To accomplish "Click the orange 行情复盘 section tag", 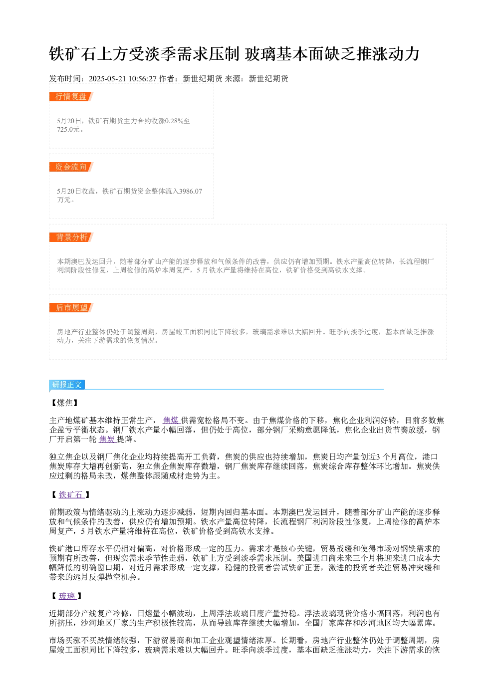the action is pyautogui.click(x=71, y=97).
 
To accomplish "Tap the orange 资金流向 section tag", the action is pyautogui.click(x=71, y=167).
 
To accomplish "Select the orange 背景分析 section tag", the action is pyautogui.click(x=71, y=237).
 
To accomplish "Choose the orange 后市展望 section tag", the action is pyautogui.click(x=71, y=307).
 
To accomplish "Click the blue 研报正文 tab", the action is pyautogui.click(x=67, y=385).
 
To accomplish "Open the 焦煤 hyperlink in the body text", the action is pyautogui.click(x=171, y=420).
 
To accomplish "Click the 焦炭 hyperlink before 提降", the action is pyautogui.click(x=107, y=440).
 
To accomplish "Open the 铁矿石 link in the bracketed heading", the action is pyautogui.click(x=71, y=494).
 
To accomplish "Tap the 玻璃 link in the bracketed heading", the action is pyautogui.click(x=67, y=596).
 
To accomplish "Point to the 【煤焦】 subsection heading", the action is pyautogui.click(x=65, y=403).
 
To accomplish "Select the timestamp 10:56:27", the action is pyautogui.click(x=142, y=78).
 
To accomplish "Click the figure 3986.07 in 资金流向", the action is pyautogui.click(x=191, y=191).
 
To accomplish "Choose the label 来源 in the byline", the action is pyautogui.click(x=233, y=78).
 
